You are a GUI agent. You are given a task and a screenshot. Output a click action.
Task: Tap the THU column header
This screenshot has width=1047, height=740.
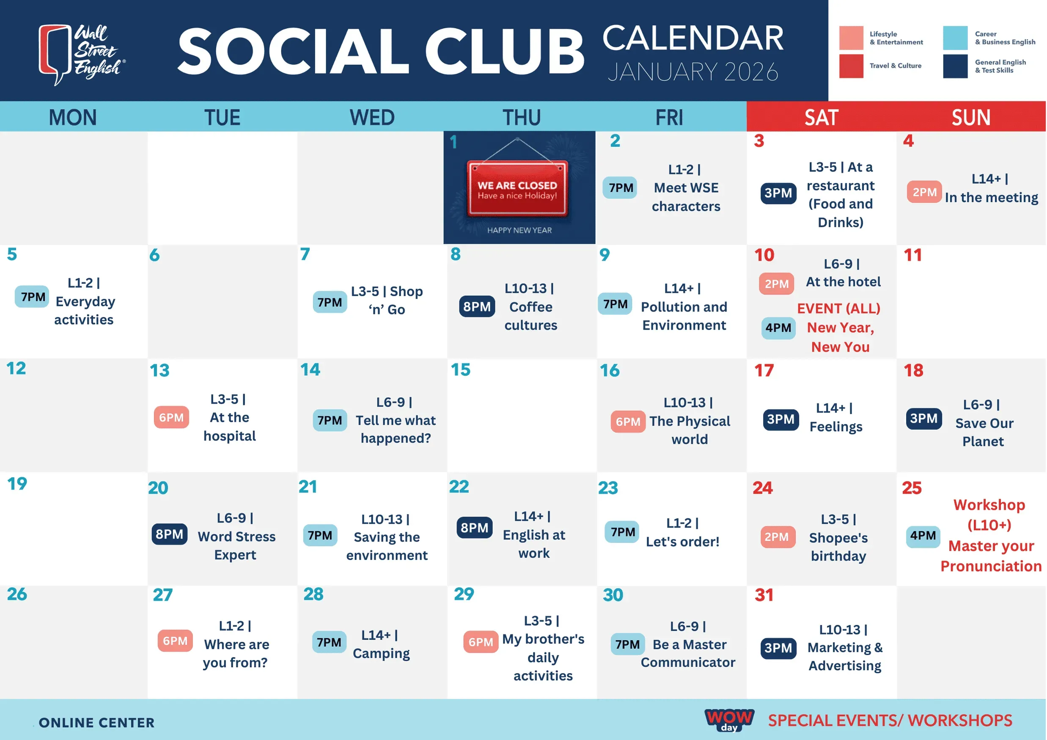(x=522, y=118)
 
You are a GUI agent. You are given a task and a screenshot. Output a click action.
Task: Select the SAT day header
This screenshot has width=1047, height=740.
(x=821, y=118)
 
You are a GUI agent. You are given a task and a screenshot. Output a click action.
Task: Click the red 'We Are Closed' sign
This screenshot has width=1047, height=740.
(x=517, y=188)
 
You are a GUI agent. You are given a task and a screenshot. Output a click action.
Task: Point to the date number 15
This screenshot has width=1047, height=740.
(x=461, y=370)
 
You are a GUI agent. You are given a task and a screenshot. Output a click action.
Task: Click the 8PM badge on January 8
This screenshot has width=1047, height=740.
(x=476, y=306)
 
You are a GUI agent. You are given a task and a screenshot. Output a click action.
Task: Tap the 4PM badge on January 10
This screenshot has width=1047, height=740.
(x=778, y=328)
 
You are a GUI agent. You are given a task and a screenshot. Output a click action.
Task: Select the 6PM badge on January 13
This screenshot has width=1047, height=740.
(x=171, y=417)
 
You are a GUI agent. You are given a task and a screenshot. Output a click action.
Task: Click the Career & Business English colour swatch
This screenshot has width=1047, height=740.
(x=955, y=38)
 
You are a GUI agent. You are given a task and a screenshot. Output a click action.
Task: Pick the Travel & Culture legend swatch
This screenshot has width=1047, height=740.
(x=851, y=66)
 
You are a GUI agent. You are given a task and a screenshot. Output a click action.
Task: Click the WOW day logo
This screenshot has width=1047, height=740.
(x=729, y=720)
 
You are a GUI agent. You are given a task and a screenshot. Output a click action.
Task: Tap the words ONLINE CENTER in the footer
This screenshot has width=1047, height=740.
(x=97, y=723)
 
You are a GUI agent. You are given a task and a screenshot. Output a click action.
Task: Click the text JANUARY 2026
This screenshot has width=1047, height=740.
(x=693, y=72)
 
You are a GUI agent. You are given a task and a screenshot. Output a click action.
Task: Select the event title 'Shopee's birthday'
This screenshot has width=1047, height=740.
(x=838, y=547)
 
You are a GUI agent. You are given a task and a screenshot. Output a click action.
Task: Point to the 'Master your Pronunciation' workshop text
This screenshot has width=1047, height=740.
(x=991, y=556)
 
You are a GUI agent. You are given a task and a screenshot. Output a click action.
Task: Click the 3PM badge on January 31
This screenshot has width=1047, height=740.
(x=778, y=648)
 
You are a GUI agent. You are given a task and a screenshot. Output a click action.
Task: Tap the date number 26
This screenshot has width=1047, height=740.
(x=17, y=594)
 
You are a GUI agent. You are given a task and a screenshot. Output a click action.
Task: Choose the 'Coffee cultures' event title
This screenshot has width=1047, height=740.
(x=531, y=316)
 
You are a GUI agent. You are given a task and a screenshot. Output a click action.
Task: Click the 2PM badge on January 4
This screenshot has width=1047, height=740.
(x=924, y=192)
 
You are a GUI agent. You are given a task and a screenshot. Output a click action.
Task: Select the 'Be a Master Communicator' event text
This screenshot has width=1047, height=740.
(x=688, y=653)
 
